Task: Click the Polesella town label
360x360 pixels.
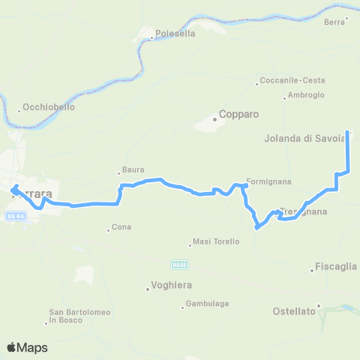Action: (175, 34)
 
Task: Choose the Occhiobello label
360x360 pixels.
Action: (49, 107)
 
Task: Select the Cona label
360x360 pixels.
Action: (121, 227)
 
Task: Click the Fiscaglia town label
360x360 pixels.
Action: (336, 267)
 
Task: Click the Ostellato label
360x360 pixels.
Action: (294, 310)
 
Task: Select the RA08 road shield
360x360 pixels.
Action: (178, 264)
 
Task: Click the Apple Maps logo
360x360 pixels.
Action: (27, 347)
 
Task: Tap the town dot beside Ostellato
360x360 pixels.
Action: (319, 305)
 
